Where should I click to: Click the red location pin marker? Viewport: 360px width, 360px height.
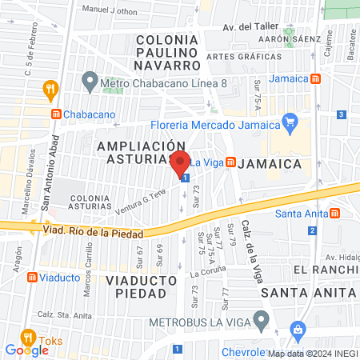(180, 163)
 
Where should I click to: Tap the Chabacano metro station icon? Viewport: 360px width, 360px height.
(55, 114)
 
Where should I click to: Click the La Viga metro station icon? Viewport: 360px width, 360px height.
(230, 162)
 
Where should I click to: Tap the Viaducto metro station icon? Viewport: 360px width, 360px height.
(32, 277)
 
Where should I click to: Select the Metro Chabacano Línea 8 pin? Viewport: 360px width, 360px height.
(90, 81)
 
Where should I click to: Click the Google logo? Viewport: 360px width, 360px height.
(26, 350)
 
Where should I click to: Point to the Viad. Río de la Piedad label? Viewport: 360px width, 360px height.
(94, 233)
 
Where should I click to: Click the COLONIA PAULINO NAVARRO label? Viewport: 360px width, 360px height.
(166, 52)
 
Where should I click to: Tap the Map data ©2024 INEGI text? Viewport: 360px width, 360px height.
(313, 354)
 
